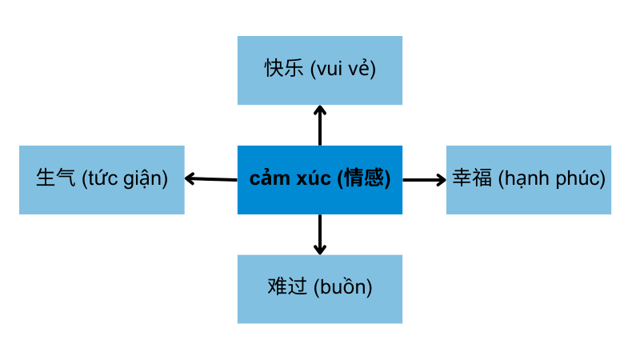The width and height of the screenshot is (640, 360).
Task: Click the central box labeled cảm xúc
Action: point(319,180)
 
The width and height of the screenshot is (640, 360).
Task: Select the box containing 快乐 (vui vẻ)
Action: point(319,70)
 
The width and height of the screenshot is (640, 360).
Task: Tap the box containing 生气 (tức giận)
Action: point(102,180)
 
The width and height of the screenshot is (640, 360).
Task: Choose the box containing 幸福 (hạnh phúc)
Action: point(528,180)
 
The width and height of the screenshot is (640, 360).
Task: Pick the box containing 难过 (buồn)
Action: point(319,289)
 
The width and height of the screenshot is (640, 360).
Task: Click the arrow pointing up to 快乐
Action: point(320,125)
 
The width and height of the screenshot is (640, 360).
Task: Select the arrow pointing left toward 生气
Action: point(211,179)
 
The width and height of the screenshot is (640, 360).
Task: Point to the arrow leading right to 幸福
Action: point(424,180)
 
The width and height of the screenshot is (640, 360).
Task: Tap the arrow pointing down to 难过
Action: point(320,234)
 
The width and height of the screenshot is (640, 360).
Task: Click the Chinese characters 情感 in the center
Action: point(363,179)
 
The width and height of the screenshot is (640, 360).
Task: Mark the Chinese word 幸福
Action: point(472,179)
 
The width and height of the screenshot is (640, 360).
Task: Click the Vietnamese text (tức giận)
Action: point(125,180)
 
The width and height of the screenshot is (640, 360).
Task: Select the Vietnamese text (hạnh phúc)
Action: point(551,180)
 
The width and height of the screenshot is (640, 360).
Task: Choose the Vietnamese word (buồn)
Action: point(342,288)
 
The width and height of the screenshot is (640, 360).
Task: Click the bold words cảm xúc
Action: point(290,179)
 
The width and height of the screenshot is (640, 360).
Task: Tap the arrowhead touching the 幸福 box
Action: point(441,180)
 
